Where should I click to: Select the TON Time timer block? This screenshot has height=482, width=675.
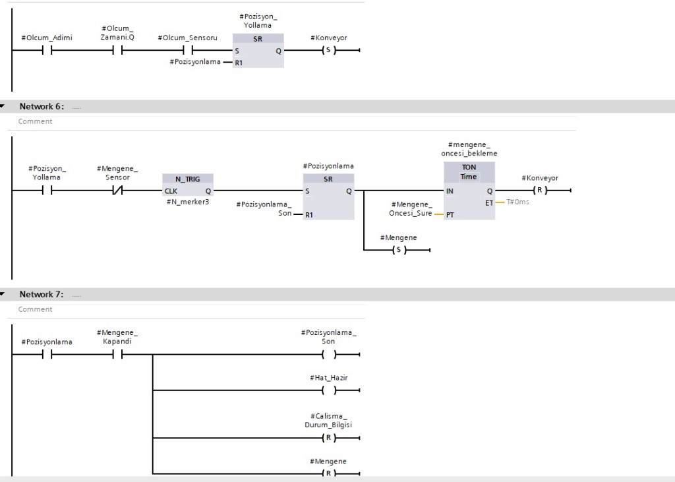point(469,191)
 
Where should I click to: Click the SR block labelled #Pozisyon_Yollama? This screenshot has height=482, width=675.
point(258,51)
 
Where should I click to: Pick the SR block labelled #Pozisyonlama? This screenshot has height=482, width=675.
point(328,196)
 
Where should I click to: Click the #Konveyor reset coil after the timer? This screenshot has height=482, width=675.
point(540,191)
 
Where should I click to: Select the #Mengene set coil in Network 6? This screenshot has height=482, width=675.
point(399,250)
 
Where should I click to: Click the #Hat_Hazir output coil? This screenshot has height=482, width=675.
point(328,390)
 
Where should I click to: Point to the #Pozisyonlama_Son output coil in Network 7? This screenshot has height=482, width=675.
point(328,355)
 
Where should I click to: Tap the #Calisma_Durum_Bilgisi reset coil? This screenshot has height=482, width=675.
point(328,438)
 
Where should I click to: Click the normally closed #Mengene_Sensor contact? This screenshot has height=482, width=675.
point(117,191)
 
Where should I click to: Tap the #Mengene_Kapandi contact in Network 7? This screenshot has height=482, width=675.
point(117,355)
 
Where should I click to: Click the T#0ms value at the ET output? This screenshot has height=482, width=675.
point(517,202)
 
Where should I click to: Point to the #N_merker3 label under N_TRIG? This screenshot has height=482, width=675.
point(188,202)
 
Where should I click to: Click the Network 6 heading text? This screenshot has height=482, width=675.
point(42,106)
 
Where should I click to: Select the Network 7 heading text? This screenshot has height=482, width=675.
point(42,294)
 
